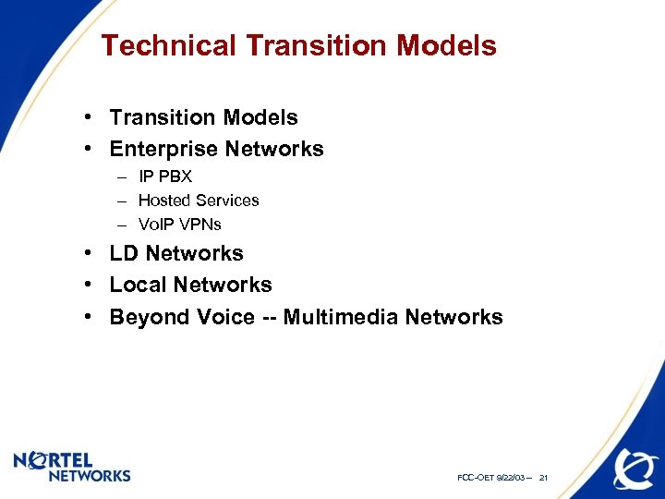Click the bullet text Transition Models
203,117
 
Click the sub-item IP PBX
164,176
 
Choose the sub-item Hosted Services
198,200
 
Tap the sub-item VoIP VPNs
179,224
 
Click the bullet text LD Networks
176,253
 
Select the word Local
138,285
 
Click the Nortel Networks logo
72,467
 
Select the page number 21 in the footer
543,478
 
